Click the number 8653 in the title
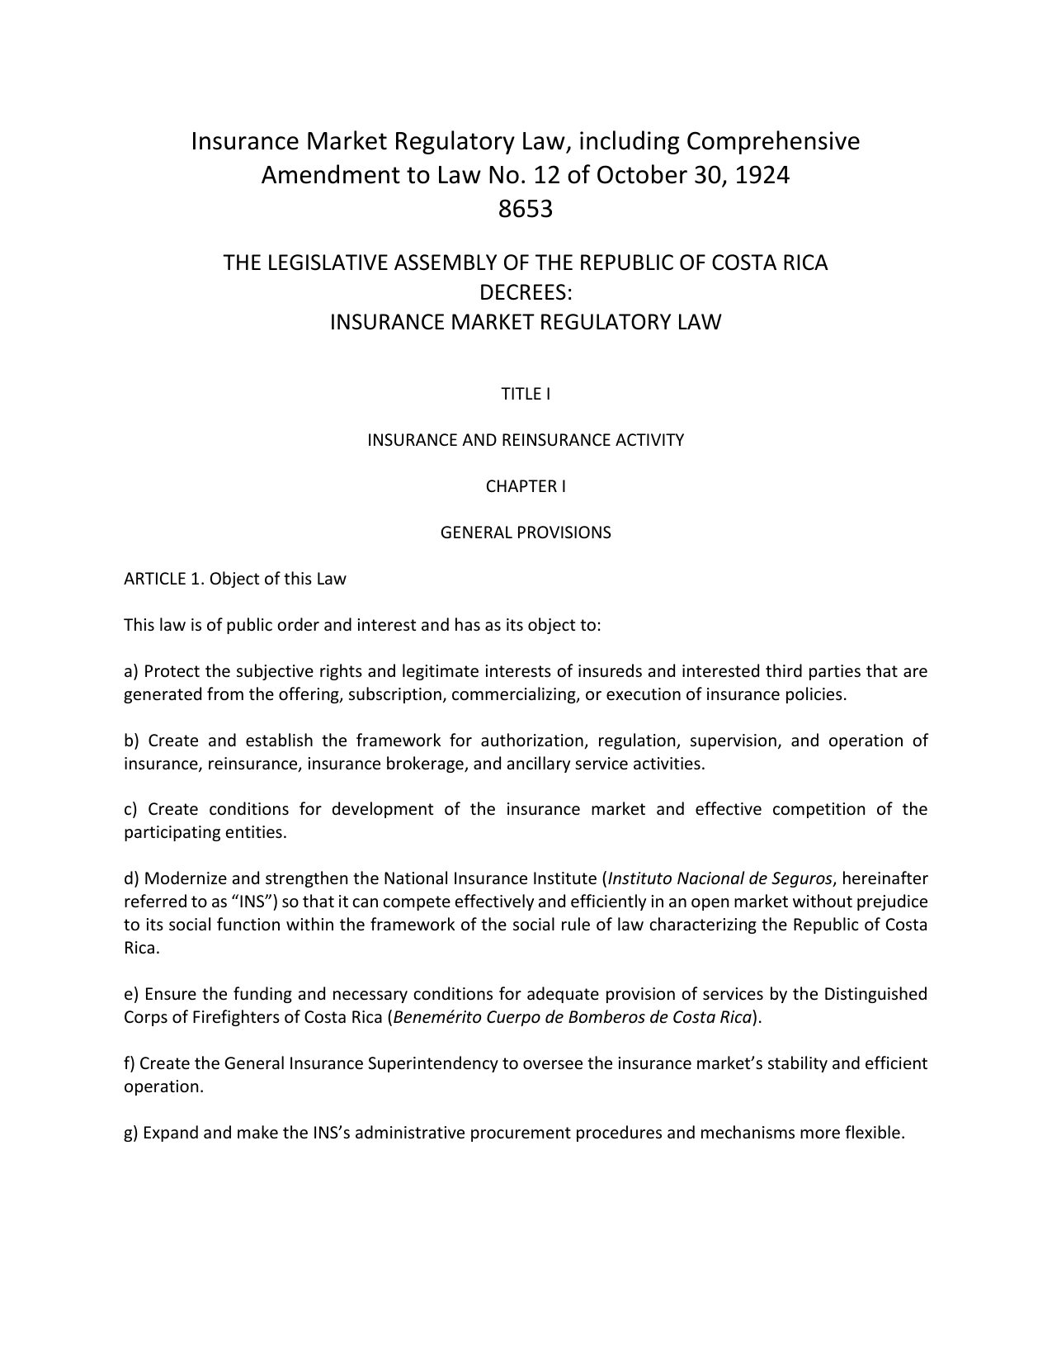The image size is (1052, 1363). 526,210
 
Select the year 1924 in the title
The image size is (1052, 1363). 762,176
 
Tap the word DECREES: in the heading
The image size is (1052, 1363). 526,292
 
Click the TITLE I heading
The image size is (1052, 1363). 526,394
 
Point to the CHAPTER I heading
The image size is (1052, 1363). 526,486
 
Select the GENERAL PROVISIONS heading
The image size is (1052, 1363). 526,532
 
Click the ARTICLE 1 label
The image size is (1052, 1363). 162,579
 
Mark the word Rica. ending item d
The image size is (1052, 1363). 141,948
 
